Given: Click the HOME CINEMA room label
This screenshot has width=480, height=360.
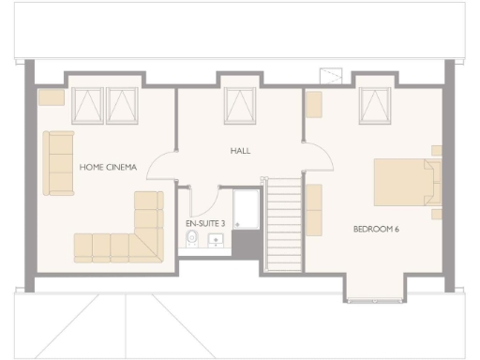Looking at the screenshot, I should tap(108, 168).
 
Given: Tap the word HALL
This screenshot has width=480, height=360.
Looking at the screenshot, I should tap(241, 151).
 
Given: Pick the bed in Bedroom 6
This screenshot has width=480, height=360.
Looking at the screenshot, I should tap(406, 182).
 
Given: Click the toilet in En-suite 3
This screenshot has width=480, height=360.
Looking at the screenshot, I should tap(192, 240).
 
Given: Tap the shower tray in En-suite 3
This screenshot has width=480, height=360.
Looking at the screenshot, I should tap(247, 209).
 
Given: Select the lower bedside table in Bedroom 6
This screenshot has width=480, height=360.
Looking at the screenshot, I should tap(437, 213).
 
